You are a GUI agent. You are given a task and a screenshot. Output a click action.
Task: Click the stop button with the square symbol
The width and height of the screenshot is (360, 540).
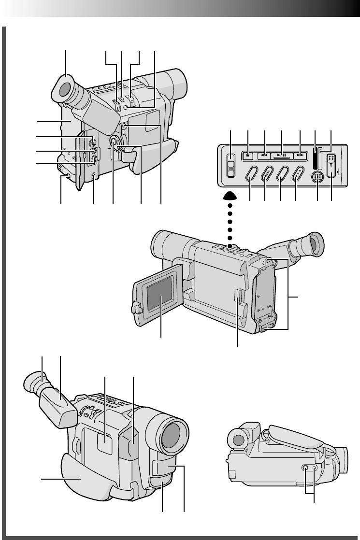coord(247,156)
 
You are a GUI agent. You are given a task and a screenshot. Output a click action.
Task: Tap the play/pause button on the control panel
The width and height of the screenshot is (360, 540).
coord(282,156)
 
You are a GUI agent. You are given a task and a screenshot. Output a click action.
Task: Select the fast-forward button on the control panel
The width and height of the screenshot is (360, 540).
coord(300,156)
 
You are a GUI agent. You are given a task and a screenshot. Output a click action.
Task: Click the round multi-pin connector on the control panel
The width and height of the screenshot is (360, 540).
coord(317,177)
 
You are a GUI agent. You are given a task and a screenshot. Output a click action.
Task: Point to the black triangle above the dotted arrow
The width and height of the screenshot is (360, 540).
coord(230,196)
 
